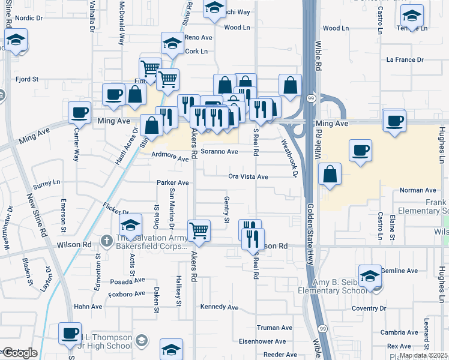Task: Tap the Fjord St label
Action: (28, 79)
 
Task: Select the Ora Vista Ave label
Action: (248, 177)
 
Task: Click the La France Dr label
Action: (405, 60)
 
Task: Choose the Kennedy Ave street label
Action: (220, 307)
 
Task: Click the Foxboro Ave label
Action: (127, 294)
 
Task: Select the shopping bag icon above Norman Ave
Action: (330, 174)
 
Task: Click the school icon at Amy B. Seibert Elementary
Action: (370, 275)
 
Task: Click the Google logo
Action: (20, 353)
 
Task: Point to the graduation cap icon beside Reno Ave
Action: (172, 43)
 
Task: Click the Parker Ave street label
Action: (173, 182)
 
